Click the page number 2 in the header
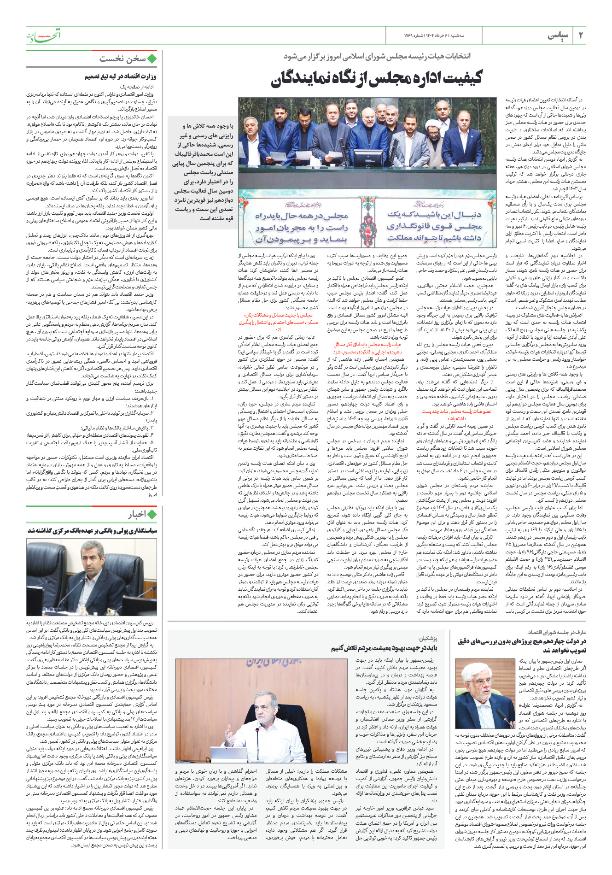tap(581, 35)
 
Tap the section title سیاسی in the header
tap(558, 35)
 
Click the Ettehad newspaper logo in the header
tap(43, 35)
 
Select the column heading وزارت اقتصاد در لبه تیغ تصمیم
tap(120, 76)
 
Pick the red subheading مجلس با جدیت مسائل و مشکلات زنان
tap(278, 315)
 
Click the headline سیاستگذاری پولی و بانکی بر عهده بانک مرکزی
tap(92, 530)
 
